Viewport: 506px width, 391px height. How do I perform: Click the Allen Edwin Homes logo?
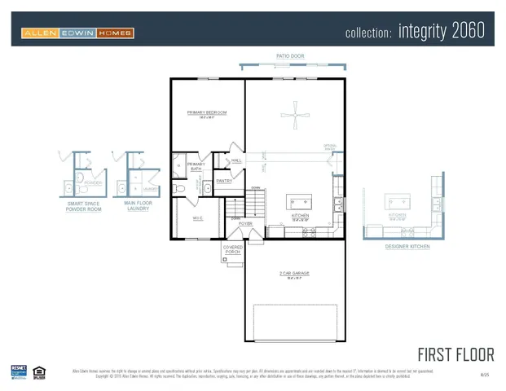[78, 33]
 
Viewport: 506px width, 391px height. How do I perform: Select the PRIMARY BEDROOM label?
[207, 113]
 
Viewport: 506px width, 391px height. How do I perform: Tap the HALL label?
[237, 161]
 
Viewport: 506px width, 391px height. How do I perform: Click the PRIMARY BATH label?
[196, 167]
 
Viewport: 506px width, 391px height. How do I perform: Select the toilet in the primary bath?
[181, 187]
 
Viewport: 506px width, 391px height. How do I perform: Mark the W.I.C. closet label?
[198, 217]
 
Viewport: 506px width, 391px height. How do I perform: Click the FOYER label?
[245, 223]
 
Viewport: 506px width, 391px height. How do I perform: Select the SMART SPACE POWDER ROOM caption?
[84, 208]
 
